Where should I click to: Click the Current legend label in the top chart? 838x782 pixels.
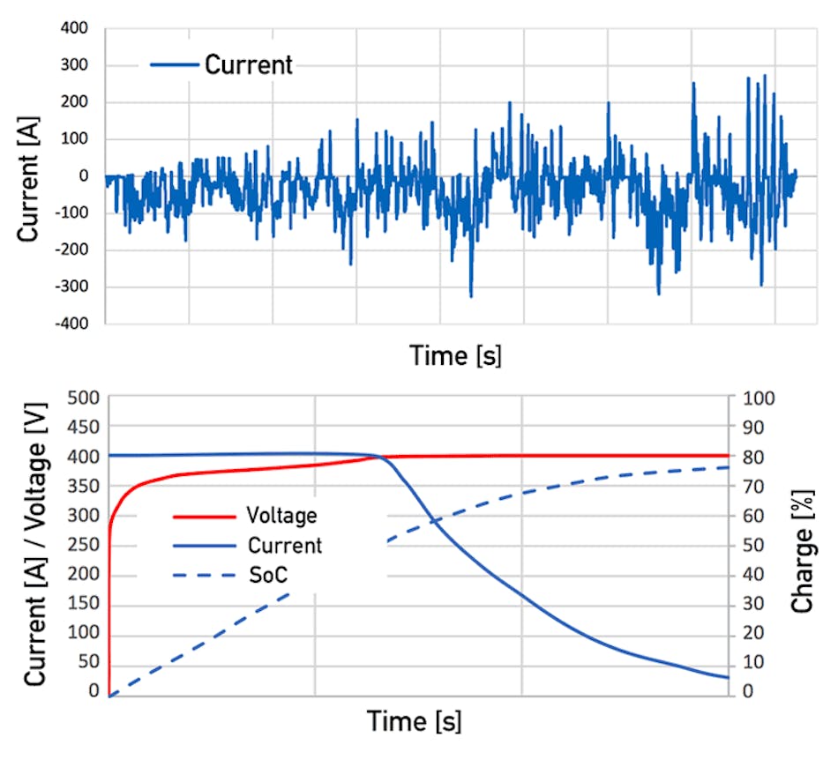tap(248, 64)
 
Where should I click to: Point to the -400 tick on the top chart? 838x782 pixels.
tap(73, 324)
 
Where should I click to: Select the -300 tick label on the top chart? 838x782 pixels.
tap(73, 287)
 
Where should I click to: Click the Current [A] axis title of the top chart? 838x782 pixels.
tap(28, 177)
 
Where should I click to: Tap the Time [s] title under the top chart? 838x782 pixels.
tap(455, 356)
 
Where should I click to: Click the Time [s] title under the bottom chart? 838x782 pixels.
tap(414, 722)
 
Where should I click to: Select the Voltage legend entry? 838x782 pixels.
tap(281, 515)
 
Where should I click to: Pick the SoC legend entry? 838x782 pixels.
tap(268, 575)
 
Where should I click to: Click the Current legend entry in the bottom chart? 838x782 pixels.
tap(284, 545)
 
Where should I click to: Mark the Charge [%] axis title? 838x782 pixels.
tap(803, 546)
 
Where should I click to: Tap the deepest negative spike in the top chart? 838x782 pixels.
tap(471, 296)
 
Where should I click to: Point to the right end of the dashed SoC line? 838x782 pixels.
tap(728, 467)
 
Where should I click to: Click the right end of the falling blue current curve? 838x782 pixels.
tap(728, 677)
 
